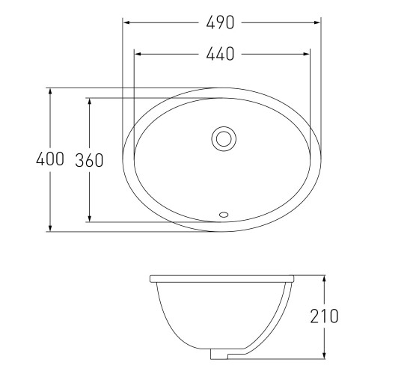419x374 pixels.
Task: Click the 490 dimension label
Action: tap(220, 22)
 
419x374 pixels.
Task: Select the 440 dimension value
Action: tap(220, 54)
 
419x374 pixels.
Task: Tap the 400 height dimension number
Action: tap(50, 159)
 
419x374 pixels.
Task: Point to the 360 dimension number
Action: tap(89, 160)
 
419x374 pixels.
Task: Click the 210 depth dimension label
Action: tap(324, 316)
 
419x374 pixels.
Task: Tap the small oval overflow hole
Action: tap(224, 215)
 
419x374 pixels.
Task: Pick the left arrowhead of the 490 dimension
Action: tap(126, 22)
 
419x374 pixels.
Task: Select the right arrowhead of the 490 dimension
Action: tap(317, 22)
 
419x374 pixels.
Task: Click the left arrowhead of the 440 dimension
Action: tap(138, 54)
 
